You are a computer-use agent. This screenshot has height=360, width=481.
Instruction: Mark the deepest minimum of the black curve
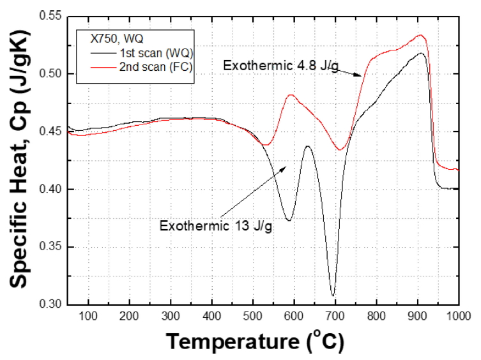(x=333, y=296)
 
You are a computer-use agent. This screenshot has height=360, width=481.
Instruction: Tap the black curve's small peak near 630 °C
(x=308, y=146)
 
